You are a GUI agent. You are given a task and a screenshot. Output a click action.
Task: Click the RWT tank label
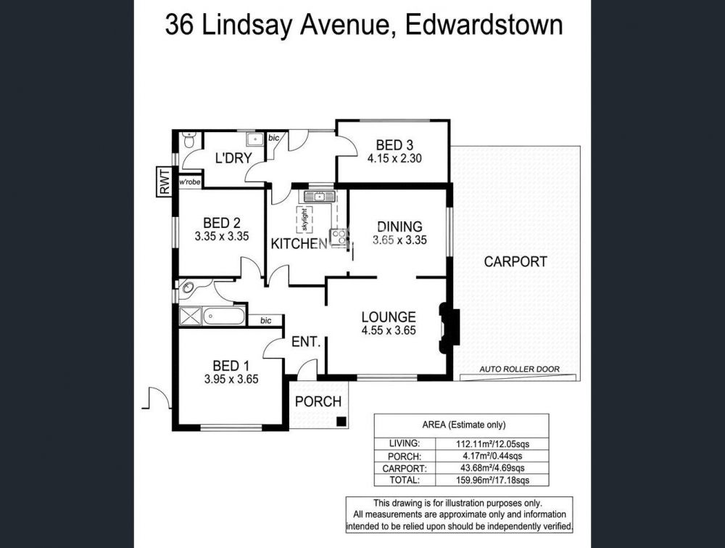click(164, 181)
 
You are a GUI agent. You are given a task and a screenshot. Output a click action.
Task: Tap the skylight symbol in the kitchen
click(304, 220)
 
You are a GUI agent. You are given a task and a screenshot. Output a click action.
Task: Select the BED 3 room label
click(394, 145)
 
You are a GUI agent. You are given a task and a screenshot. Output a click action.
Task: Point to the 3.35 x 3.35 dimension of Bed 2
click(222, 237)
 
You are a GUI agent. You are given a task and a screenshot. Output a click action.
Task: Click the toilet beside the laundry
click(188, 140)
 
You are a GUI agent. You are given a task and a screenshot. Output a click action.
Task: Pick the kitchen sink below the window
click(319, 196)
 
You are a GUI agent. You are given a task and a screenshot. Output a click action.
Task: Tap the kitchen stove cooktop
click(339, 237)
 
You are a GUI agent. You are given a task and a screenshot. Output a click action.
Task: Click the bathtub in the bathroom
click(224, 316)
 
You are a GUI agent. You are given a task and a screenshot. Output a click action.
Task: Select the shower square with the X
click(190, 316)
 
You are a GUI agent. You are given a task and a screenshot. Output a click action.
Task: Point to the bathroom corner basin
click(188, 288)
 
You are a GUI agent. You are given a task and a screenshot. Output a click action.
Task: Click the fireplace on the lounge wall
click(449, 327)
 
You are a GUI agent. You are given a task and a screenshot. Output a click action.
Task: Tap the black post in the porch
click(341, 421)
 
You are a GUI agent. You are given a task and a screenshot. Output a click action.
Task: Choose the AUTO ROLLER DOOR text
click(519, 369)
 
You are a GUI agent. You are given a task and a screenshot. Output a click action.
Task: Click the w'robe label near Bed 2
click(189, 182)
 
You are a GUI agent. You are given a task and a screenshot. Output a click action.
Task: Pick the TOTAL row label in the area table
click(405, 480)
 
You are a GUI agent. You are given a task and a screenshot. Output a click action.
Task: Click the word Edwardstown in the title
click(484, 25)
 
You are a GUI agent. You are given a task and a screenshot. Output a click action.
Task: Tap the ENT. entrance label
click(306, 342)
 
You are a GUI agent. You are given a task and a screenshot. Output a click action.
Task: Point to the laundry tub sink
click(254, 139)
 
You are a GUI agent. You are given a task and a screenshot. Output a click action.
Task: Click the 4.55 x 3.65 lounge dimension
click(389, 330)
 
